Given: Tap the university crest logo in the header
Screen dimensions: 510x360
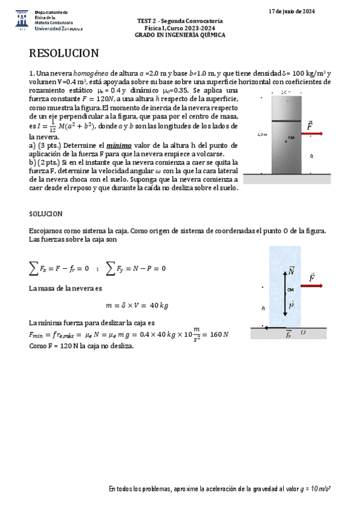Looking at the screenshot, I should [20, 19].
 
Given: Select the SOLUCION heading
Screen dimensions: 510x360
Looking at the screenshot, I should [46, 214].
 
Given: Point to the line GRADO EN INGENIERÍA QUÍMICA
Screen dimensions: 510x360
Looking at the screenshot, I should [180, 35].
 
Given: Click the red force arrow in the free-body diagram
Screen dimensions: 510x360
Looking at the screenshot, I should [311, 286].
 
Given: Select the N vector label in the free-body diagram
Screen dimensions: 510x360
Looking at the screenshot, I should [291, 271].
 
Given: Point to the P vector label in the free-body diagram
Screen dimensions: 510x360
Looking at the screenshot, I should [291, 306].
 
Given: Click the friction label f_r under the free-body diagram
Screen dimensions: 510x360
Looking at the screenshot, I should [288, 334].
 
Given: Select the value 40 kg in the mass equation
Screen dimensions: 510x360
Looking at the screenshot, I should [157, 305].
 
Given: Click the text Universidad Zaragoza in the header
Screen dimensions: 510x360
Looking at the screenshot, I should [59, 28].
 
